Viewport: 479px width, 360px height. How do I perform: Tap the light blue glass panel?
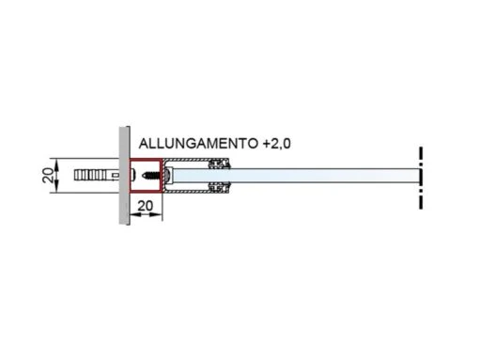pos(319,176)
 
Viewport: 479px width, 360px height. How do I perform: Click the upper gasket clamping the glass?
pos(222,164)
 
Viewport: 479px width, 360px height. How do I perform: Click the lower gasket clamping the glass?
pos(222,188)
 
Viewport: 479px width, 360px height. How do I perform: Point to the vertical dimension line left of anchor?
pos(62,176)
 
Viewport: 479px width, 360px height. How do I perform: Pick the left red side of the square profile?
pos(131,176)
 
